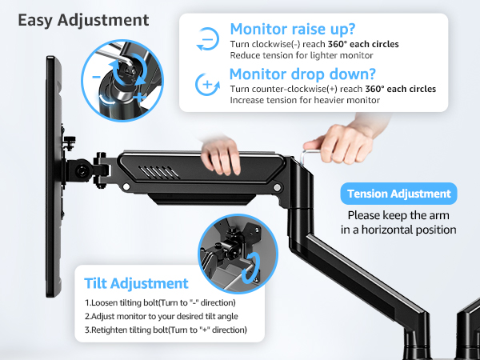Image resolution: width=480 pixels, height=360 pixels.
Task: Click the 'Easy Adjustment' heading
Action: (83, 18)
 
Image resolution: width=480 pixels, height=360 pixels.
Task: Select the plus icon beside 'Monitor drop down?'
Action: (206, 84)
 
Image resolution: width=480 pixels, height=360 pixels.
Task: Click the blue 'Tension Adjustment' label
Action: (398, 194)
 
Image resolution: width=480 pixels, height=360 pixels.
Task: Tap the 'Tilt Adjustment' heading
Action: (137, 283)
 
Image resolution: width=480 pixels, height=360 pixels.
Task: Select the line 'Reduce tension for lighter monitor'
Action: (300, 56)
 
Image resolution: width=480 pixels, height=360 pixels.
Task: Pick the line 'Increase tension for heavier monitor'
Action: (304, 100)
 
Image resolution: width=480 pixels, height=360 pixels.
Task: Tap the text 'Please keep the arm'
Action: (398, 215)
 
